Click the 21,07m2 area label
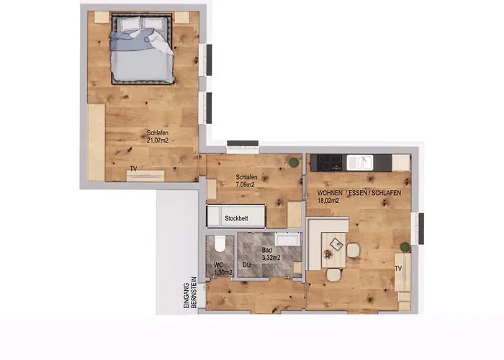pos(158,140)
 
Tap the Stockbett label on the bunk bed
pos(236,219)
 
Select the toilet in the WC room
pos(220,243)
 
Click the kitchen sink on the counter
pos(360,162)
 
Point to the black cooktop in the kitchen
pos(329,162)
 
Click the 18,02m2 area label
pos(328,201)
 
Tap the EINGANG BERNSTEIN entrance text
pos(189,293)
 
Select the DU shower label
pos(246,265)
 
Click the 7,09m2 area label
pos(246,185)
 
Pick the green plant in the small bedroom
pos(293,162)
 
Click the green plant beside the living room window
pos(405,247)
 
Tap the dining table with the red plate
pos(333,251)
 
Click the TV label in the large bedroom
pos(133,168)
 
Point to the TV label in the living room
pos(398,268)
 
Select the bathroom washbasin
pos(288,239)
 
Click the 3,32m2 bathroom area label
pos(271,258)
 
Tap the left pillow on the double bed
pos(129,24)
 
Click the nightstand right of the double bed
pos(182,17)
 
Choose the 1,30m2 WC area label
pos(223,273)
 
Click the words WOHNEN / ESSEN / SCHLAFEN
pos(359,193)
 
